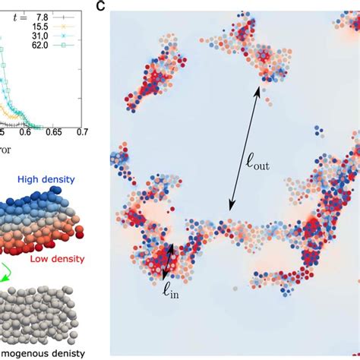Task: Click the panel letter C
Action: coord(100,7)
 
